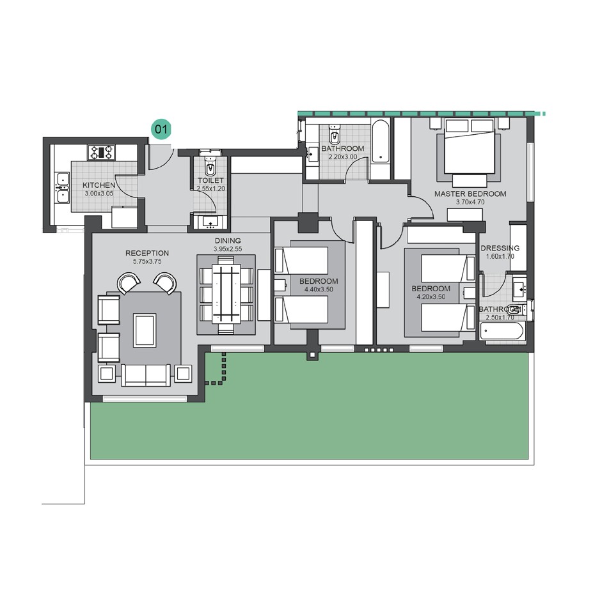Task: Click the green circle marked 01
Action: coord(161,129)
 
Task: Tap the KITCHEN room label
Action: coord(99,185)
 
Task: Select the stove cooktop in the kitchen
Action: coord(102,152)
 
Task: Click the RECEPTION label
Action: coord(147,253)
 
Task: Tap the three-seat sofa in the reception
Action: coord(146,374)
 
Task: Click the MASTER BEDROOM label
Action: coord(470,194)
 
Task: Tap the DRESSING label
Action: coord(499,248)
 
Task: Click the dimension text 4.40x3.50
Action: coord(318,289)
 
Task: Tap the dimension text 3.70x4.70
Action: coord(470,202)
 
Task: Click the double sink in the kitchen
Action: coord(62,187)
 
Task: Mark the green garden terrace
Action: coord(307,415)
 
